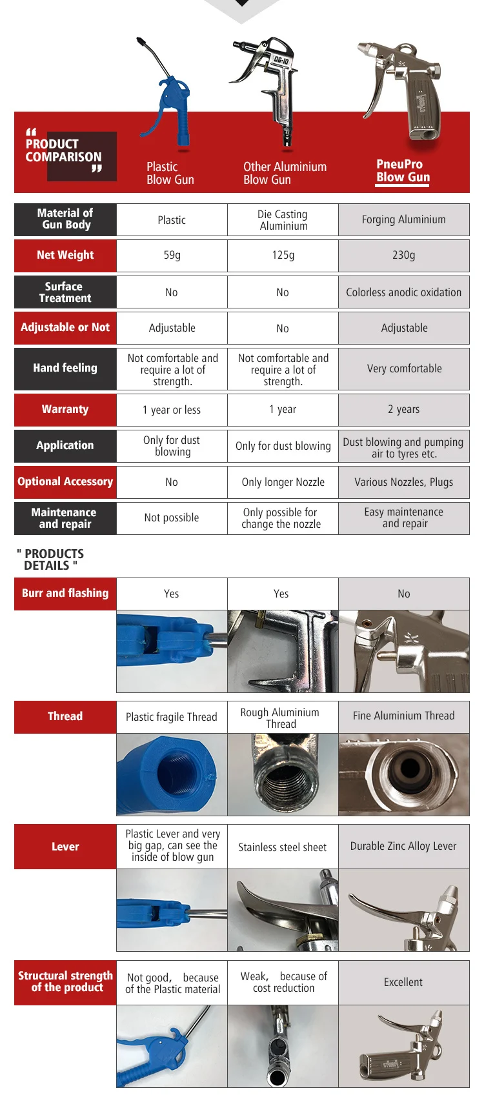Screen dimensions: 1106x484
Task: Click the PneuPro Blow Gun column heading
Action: [403, 171]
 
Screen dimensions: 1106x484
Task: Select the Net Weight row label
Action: [65, 255]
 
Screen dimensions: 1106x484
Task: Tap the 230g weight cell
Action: [403, 255]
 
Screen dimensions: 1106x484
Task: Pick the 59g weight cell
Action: [172, 255]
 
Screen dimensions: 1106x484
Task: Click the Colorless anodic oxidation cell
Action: [403, 292]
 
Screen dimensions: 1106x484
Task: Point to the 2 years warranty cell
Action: [403, 409]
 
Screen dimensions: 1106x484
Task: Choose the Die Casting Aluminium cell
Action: [283, 220]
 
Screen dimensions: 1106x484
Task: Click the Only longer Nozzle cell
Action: [283, 482]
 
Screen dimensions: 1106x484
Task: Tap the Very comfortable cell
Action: [404, 368]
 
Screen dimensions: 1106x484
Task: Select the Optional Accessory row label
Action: [65, 481]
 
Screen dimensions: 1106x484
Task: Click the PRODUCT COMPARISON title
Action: [63, 150]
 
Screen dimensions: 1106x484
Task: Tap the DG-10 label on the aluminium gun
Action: [281, 60]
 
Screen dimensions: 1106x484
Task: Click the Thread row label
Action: [65, 716]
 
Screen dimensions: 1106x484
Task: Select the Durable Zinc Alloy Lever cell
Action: [403, 846]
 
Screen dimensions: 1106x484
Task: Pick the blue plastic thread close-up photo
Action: [172, 774]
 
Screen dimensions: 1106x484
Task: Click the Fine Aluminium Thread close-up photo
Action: [404, 774]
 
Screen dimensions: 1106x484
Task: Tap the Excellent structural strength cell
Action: [403, 982]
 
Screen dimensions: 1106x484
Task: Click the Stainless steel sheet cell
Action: [283, 847]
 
